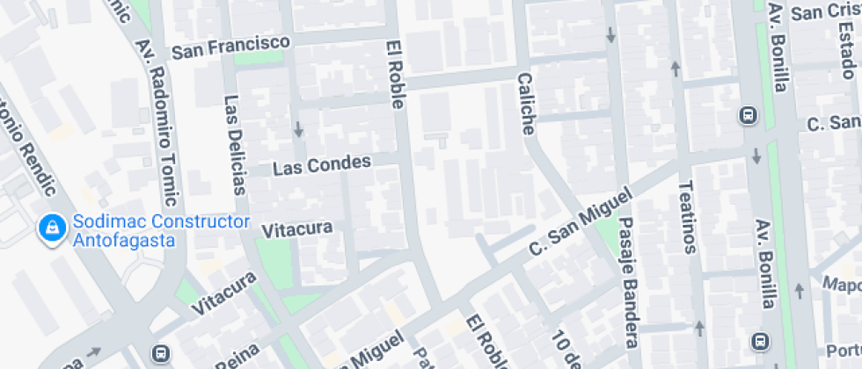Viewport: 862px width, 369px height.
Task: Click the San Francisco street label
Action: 230,47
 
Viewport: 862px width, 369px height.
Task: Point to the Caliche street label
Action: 525,103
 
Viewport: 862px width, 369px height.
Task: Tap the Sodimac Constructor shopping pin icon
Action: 52,230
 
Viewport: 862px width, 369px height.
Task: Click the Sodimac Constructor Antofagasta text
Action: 162,231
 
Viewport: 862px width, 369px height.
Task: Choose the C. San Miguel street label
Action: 580,222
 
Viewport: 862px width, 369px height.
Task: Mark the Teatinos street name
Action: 688,216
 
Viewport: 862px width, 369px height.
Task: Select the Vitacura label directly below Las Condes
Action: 297,229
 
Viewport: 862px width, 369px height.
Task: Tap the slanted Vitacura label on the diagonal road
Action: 225,294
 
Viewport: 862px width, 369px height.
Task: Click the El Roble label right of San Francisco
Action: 395,74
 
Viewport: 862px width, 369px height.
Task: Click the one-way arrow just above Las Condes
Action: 299,130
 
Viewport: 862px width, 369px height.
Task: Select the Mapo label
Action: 841,285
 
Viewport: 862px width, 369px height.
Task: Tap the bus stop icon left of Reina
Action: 160,353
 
